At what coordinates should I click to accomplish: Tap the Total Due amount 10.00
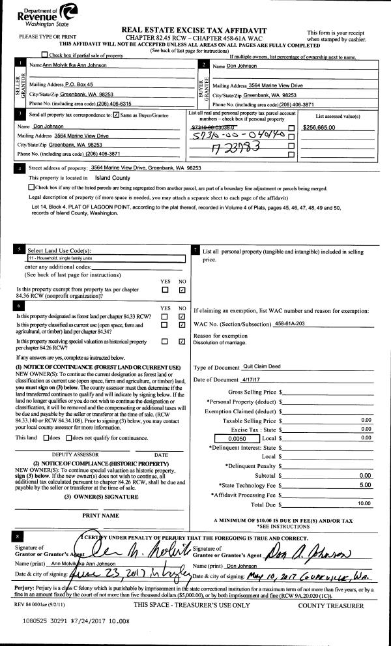(x=364, y=503)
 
